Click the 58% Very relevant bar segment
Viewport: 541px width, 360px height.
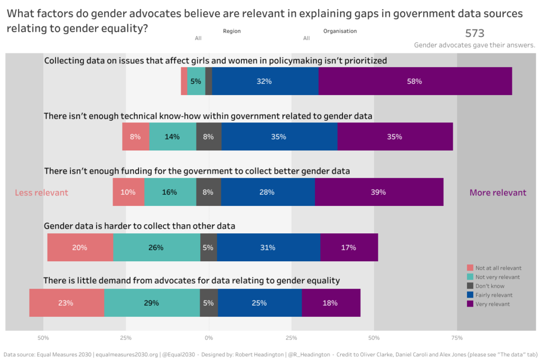pos(415,81)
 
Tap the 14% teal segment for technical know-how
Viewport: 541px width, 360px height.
pos(172,137)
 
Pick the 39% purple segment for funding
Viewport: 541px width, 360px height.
pos(379,192)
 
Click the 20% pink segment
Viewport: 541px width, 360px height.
pos(80,248)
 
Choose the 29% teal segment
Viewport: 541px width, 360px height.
pos(152,303)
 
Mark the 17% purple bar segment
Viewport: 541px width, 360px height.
pos(349,248)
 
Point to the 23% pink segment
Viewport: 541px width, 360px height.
pos(66,303)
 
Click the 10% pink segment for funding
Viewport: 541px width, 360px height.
pos(128,192)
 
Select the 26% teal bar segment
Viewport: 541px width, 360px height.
pos(156,248)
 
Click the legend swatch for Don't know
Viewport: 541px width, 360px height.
pos(470,286)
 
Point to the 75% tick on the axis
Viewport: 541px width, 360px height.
pos(457,338)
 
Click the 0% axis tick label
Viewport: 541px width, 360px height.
pos(209,338)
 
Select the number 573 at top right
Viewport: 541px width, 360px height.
pos(474,33)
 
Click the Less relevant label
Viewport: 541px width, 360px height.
pos(41,193)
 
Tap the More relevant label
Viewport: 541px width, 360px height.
pos(498,193)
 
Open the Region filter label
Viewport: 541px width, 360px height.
pos(231,31)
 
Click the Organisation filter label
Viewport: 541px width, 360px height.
pos(340,31)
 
